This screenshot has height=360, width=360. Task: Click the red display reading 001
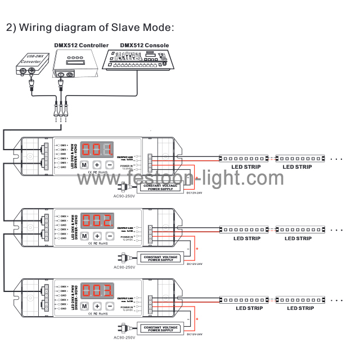point(97,150)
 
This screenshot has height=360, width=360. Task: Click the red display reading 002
point(97,220)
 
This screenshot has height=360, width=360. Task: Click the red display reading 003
point(97,291)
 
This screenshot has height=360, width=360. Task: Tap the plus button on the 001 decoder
point(97,165)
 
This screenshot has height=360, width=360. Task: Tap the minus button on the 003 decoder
point(110,306)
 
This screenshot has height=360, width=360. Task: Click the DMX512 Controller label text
point(81,46)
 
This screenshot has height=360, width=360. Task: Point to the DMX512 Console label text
point(145,46)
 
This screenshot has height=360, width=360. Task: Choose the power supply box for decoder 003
point(160,328)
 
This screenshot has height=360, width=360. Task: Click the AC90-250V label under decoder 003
point(124,337)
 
